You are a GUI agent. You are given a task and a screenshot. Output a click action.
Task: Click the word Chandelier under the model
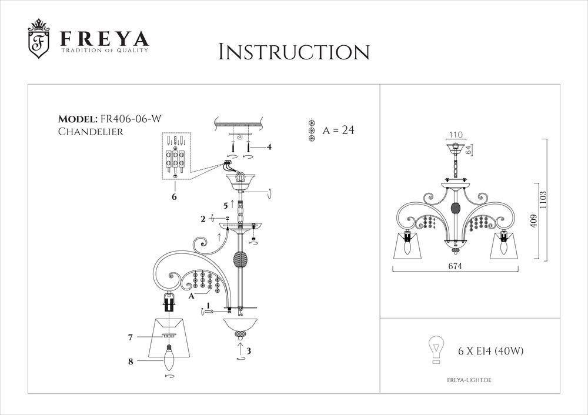pos(91,132)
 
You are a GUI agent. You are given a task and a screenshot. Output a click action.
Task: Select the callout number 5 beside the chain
pos(225,205)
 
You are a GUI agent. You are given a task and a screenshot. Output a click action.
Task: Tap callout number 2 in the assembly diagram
pos(203,219)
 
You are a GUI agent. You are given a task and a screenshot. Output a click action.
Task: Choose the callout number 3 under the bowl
pos(249,351)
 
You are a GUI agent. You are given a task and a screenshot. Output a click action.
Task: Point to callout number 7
pos(131,337)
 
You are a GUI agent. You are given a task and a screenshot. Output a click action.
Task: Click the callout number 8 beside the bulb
pos(131,362)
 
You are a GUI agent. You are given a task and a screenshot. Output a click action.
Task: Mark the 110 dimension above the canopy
pos(456,134)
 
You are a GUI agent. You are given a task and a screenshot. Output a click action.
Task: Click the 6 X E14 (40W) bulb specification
pos(490,352)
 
